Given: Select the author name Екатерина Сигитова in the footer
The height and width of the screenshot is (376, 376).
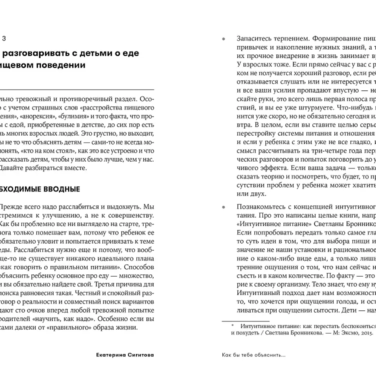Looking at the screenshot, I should [125, 355].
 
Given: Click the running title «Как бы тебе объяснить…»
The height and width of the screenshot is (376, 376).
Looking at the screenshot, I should [254, 355].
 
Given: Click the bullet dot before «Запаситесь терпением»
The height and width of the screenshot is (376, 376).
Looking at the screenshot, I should [223, 38].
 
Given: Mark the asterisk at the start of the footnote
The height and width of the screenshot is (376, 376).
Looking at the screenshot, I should [232, 325].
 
